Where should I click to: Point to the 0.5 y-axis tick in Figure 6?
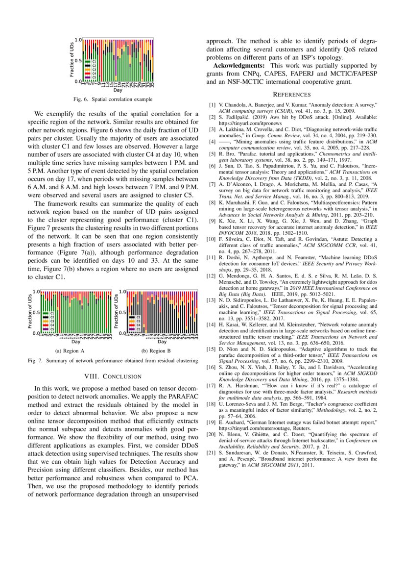pyautogui.click(x=77, y=60)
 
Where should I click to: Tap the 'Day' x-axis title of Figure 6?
pyautogui.click(x=118, y=90)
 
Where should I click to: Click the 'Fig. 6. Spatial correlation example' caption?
pyautogui.click(x=113, y=100)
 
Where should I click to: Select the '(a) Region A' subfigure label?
pyautogui.click(x=70, y=351)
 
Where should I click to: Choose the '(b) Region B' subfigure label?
pyautogui.click(x=156, y=351)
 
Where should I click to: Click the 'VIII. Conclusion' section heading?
pyautogui.click(x=113, y=376)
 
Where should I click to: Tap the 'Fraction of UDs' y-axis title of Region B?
pyautogui.click(x=116, y=311)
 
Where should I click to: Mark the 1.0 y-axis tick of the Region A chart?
pyautogui.click(x=36, y=291)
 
